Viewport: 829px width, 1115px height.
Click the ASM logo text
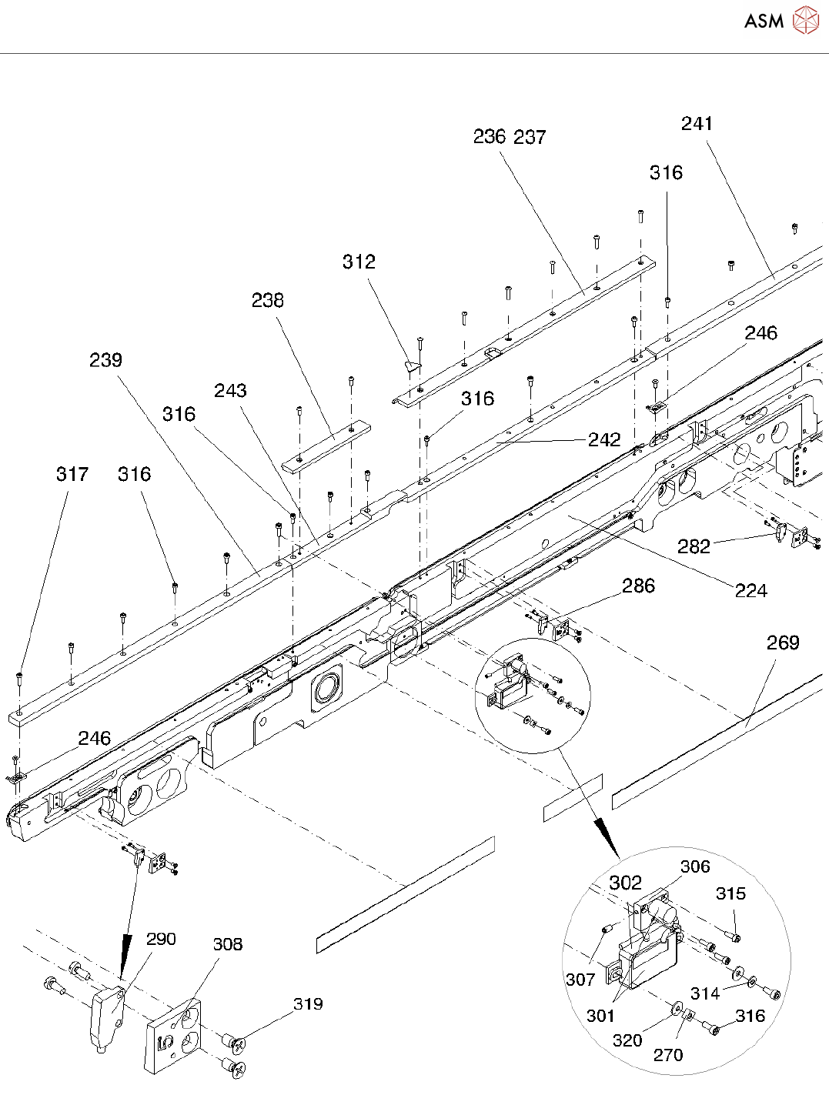764,21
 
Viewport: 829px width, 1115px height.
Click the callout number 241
697,124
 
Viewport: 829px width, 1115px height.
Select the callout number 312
359,262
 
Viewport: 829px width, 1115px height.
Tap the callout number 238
268,301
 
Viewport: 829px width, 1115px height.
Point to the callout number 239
105,360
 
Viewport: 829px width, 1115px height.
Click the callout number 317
72,474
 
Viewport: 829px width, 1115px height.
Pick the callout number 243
230,391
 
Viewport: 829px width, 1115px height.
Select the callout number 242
604,440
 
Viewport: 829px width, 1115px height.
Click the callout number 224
751,591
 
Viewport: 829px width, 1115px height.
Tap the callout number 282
694,546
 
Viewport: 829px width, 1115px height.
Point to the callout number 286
638,586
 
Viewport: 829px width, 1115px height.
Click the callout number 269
783,643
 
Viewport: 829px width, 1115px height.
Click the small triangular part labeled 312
413,366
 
